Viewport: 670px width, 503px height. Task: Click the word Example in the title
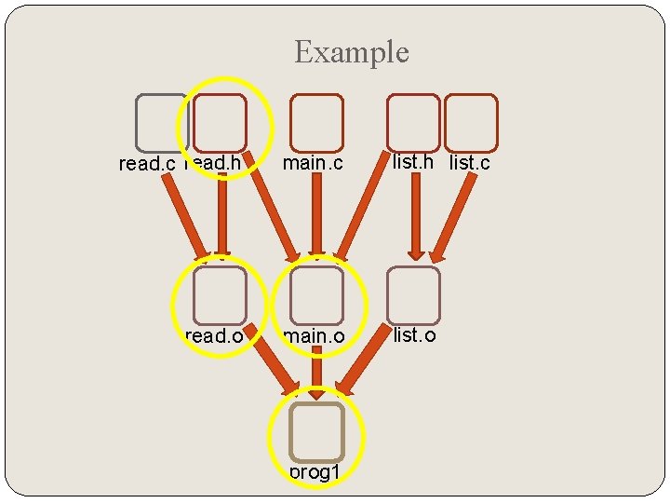click(x=351, y=52)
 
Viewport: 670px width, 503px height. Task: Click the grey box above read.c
click(x=162, y=123)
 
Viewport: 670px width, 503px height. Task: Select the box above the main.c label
click(x=316, y=123)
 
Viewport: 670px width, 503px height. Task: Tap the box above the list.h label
click(x=413, y=123)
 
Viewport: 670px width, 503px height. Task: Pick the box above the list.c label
click(x=471, y=123)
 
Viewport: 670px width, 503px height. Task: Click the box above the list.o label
click(x=413, y=295)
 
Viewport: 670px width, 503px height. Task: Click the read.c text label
click(x=147, y=164)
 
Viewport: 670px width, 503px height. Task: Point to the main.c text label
click(x=314, y=163)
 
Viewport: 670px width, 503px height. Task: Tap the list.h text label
click(x=413, y=161)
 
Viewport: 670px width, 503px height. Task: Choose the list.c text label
click(x=470, y=163)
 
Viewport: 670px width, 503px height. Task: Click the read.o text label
click(x=215, y=335)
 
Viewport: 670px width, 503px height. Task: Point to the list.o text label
click(x=414, y=333)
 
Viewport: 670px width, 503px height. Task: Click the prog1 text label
click(x=315, y=472)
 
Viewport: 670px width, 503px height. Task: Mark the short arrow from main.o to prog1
click(x=317, y=372)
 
